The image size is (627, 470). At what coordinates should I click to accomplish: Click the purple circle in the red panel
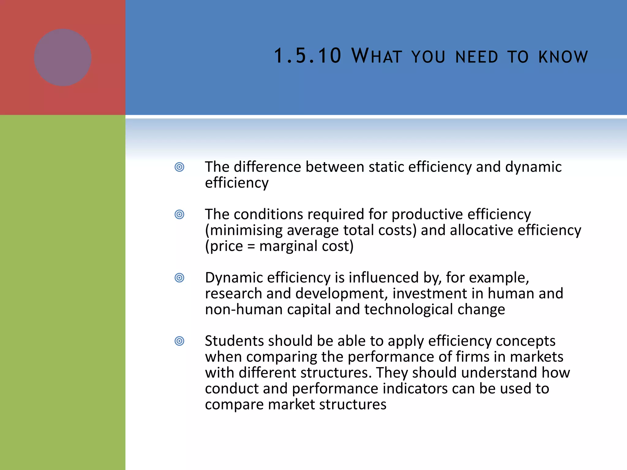pyautogui.click(x=63, y=58)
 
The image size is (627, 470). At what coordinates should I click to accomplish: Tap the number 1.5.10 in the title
pyautogui.click(x=307, y=56)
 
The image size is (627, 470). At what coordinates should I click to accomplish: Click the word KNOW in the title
pyautogui.click(x=563, y=57)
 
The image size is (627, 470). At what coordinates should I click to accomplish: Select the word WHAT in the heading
pyautogui.click(x=377, y=56)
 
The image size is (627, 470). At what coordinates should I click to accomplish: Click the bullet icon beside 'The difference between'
pyautogui.click(x=179, y=167)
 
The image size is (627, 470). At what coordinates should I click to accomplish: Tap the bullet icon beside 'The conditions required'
pyautogui.click(x=179, y=214)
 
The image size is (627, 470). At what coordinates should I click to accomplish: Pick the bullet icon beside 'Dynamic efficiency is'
pyautogui.click(x=179, y=278)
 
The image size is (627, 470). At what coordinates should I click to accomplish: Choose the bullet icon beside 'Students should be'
pyautogui.click(x=179, y=341)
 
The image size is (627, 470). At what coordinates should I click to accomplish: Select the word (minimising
pyautogui.click(x=244, y=230)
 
